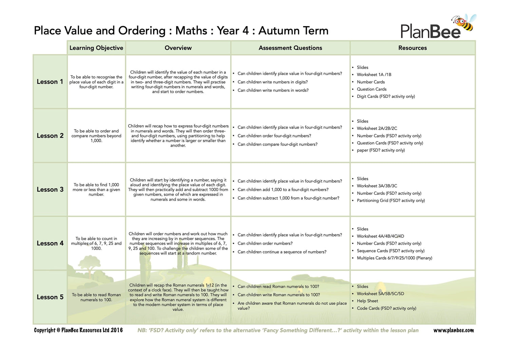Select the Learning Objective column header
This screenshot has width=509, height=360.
(96, 48)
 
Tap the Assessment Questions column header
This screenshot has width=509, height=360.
(290, 48)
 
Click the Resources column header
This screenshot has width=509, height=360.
(412, 48)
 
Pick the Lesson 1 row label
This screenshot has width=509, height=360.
(50, 82)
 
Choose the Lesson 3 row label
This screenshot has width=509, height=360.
(50, 190)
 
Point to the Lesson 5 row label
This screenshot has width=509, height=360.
(50, 297)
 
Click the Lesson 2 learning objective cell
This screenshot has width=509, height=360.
(96, 136)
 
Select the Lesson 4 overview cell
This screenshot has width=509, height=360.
(178, 243)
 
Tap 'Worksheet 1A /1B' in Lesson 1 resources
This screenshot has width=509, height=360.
(374, 75)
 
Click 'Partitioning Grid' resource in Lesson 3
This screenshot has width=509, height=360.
(391, 201)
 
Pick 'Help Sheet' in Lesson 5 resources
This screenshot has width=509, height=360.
(367, 301)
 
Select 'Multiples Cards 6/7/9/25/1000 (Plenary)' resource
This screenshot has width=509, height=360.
(394, 258)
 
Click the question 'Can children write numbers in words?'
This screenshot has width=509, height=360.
(273, 90)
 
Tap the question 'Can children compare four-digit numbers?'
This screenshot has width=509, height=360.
(277, 144)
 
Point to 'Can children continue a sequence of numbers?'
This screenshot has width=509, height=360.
(282, 252)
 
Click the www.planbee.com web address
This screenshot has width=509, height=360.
(453, 330)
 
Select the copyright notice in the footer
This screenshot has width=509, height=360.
(78, 330)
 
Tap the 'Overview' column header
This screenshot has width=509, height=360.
(178, 48)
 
